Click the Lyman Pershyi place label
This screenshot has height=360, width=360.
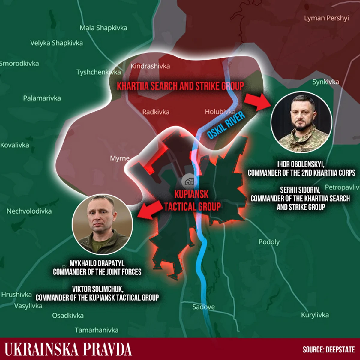(x=326, y=18)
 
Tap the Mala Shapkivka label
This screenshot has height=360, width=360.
(x=103, y=28)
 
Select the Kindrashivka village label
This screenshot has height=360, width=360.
(x=150, y=66)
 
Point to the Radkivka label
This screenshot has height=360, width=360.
(x=156, y=112)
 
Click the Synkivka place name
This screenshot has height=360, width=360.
(x=325, y=82)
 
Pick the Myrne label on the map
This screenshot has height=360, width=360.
(x=120, y=158)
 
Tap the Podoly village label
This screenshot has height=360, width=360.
(x=269, y=242)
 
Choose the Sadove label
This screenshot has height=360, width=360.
(x=203, y=307)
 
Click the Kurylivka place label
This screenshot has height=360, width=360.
(x=315, y=315)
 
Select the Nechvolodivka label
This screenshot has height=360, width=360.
(x=29, y=211)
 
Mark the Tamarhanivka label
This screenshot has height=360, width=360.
(x=97, y=330)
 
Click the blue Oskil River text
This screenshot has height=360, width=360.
(x=226, y=125)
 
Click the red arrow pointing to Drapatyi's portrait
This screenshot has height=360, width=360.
(x=150, y=209)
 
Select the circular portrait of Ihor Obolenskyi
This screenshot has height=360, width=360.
(x=301, y=122)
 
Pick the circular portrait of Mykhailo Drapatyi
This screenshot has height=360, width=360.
(x=102, y=224)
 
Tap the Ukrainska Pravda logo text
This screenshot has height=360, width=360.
(x=68, y=349)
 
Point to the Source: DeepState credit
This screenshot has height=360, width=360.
(x=328, y=349)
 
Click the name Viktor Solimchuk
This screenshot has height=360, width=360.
(x=97, y=289)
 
